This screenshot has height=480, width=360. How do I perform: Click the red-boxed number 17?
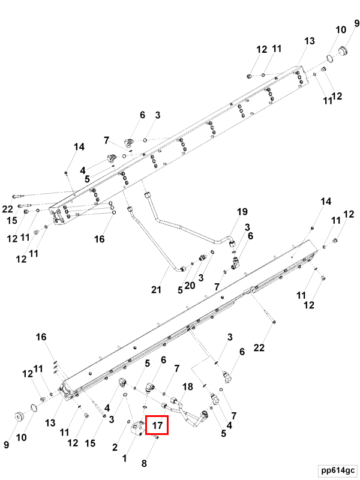[x=157, y=425]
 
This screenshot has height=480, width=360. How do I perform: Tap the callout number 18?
[x=187, y=387]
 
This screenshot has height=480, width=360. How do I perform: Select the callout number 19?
[x=241, y=212]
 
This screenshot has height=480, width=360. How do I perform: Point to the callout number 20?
[x=190, y=285]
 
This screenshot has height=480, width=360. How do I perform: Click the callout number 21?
[x=157, y=290]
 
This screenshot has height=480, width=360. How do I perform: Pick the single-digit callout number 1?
[x=125, y=458]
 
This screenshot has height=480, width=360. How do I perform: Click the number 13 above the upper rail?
[x=309, y=41]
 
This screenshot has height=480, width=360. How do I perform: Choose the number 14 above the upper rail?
[x=79, y=147]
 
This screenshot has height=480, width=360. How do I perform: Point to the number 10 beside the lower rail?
[x=22, y=437]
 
